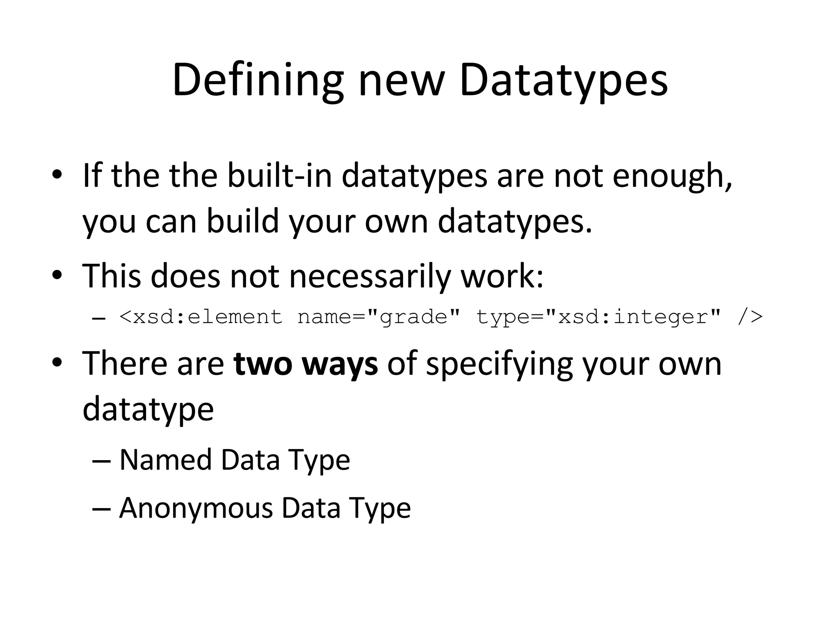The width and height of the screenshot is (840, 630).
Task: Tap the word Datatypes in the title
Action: (563, 80)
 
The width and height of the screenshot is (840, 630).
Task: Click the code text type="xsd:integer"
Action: (598, 317)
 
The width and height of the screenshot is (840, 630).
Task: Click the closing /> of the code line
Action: (750, 317)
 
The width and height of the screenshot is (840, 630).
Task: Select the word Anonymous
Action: (195, 508)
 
